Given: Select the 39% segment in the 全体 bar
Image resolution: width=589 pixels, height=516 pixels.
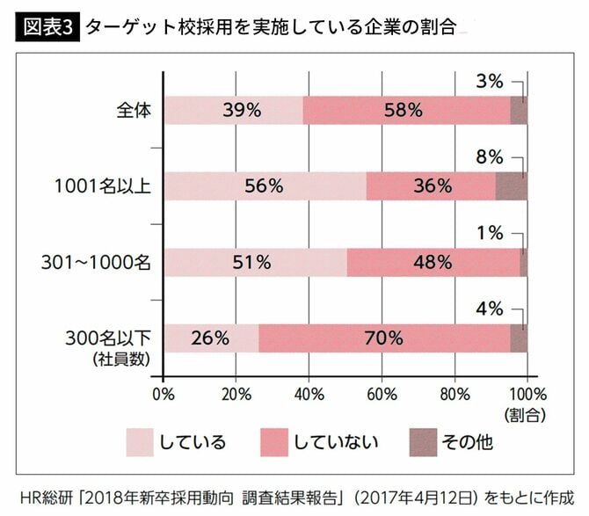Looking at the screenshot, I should [233, 111].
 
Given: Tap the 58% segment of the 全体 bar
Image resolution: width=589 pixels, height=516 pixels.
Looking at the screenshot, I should [406, 111].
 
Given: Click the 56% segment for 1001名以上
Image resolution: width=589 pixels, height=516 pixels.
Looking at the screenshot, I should [265, 186].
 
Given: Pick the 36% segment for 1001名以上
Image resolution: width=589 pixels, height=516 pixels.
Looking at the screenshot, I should [431, 186].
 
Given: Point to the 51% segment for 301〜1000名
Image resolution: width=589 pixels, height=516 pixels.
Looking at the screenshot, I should [255, 262].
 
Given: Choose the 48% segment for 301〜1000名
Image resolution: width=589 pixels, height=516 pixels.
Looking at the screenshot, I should [433, 262].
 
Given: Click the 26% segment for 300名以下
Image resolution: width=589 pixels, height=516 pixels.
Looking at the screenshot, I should [211, 338].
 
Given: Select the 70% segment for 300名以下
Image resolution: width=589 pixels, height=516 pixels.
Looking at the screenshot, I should [384, 338].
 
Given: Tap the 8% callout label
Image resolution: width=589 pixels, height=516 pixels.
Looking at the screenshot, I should [490, 157].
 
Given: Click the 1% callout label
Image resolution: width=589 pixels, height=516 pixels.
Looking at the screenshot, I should [490, 233].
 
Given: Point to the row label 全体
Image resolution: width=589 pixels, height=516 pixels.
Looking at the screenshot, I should [135, 111].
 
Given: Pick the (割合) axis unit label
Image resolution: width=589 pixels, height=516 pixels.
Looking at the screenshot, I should [525, 411].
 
